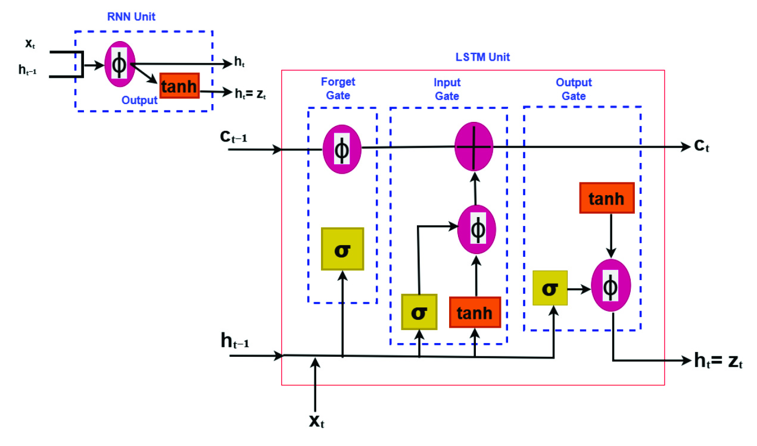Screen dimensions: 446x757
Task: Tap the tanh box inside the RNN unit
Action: click(x=179, y=87)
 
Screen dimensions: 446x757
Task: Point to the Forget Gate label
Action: click(x=338, y=89)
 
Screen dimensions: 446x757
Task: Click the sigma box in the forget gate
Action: click(x=342, y=249)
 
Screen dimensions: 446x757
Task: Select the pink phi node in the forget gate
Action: click(x=342, y=149)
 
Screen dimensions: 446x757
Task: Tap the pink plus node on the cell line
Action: click(x=473, y=146)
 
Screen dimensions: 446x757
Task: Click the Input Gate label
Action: click(x=447, y=89)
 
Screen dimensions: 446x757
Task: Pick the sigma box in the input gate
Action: click(x=419, y=312)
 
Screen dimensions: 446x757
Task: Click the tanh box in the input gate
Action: click(x=475, y=312)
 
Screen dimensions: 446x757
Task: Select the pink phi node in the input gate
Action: click(x=476, y=230)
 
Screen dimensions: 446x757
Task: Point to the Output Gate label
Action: click(x=574, y=89)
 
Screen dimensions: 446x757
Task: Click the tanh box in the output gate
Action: click(x=606, y=198)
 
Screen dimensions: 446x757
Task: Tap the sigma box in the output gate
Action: click(x=550, y=288)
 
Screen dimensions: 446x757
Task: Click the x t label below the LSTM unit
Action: click(x=317, y=421)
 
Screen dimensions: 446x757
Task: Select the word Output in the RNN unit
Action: click(x=139, y=100)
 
